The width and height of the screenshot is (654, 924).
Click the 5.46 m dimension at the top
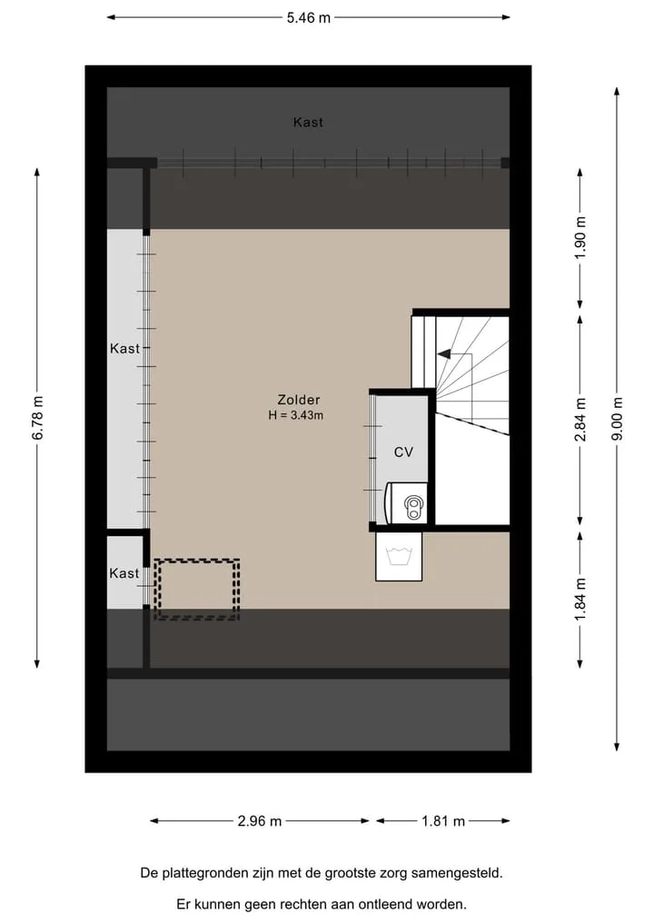pyautogui.click(x=308, y=17)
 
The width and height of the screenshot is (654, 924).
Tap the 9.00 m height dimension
pyautogui.click(x=617, y=419)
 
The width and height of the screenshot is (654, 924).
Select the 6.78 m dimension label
pyautogui.click(x=37, y=418)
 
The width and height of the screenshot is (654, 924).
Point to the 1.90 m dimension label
pyautogui.click(x=580, y=237)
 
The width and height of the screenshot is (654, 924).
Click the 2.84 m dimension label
pyautogui.click(x=580, y=420)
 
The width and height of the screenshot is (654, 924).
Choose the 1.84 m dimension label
pyautogui.click(x=580, y=599)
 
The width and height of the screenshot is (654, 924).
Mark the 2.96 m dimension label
pyautogui.click(x=259, y=820)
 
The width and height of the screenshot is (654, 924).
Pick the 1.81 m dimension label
pyautogui.click(x=443, y=820)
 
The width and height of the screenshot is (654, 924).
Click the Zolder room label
pyautogui.click(x=299, y=400)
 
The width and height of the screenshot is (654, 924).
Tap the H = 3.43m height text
pyautogui.click(x=296, y=415)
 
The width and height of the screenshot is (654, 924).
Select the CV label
pyautogui.click(x=403, y=452)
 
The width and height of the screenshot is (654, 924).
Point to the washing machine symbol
pyautogui.click(x=399, y=556)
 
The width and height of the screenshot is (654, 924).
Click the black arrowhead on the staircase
pyautogui.click(x=443, y=354)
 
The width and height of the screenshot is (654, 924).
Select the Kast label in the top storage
pyautogui.click(x=308, y=122)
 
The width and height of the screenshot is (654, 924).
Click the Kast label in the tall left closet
pyautogui.click(x=125, y=348)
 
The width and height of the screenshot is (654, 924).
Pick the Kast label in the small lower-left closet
pyautogui.click(x=124, y=572)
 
